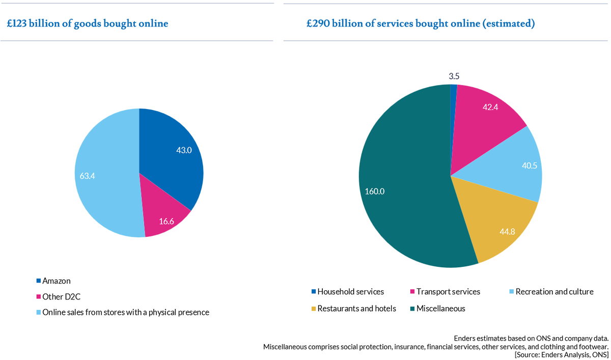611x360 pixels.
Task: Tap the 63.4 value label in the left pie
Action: coord(88,176)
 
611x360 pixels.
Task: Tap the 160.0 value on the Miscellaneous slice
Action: coord(374,191)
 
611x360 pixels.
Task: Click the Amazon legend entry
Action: coord(57,281)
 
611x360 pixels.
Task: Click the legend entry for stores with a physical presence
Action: coord(125,312)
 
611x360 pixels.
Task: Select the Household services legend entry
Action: coord(350,292)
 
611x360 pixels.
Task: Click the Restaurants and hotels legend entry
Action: coord(356,308)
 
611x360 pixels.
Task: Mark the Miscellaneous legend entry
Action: coord(440,308)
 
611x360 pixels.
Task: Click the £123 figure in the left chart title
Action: coord(17,23)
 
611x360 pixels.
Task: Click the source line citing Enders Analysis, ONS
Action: coord(561,355)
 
